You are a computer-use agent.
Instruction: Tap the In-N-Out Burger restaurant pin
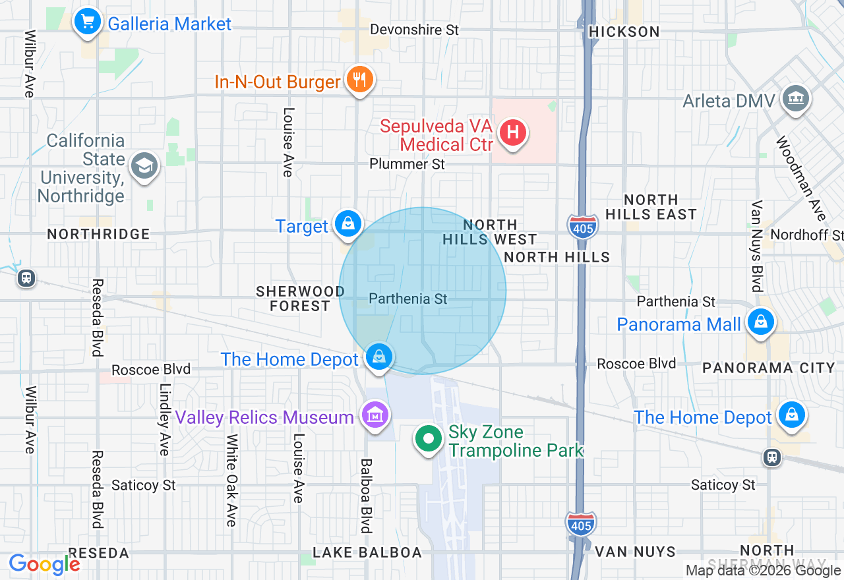point(359,80)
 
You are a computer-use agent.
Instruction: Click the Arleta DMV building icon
point(795,99)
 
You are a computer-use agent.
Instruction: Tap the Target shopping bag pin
point(347,224)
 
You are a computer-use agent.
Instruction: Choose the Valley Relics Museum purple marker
point(375,415)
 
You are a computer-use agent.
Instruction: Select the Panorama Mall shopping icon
point(760,323)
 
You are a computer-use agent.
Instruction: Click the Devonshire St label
point(414,30)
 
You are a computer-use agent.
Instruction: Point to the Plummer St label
point(407,163)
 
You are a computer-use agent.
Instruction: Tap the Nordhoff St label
point(806,235)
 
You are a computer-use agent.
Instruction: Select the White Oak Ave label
point(231,480)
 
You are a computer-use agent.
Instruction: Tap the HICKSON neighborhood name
point(623,32)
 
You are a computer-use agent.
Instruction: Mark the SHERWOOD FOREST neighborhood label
point(300,299)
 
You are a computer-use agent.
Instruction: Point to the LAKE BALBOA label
point(367,552)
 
